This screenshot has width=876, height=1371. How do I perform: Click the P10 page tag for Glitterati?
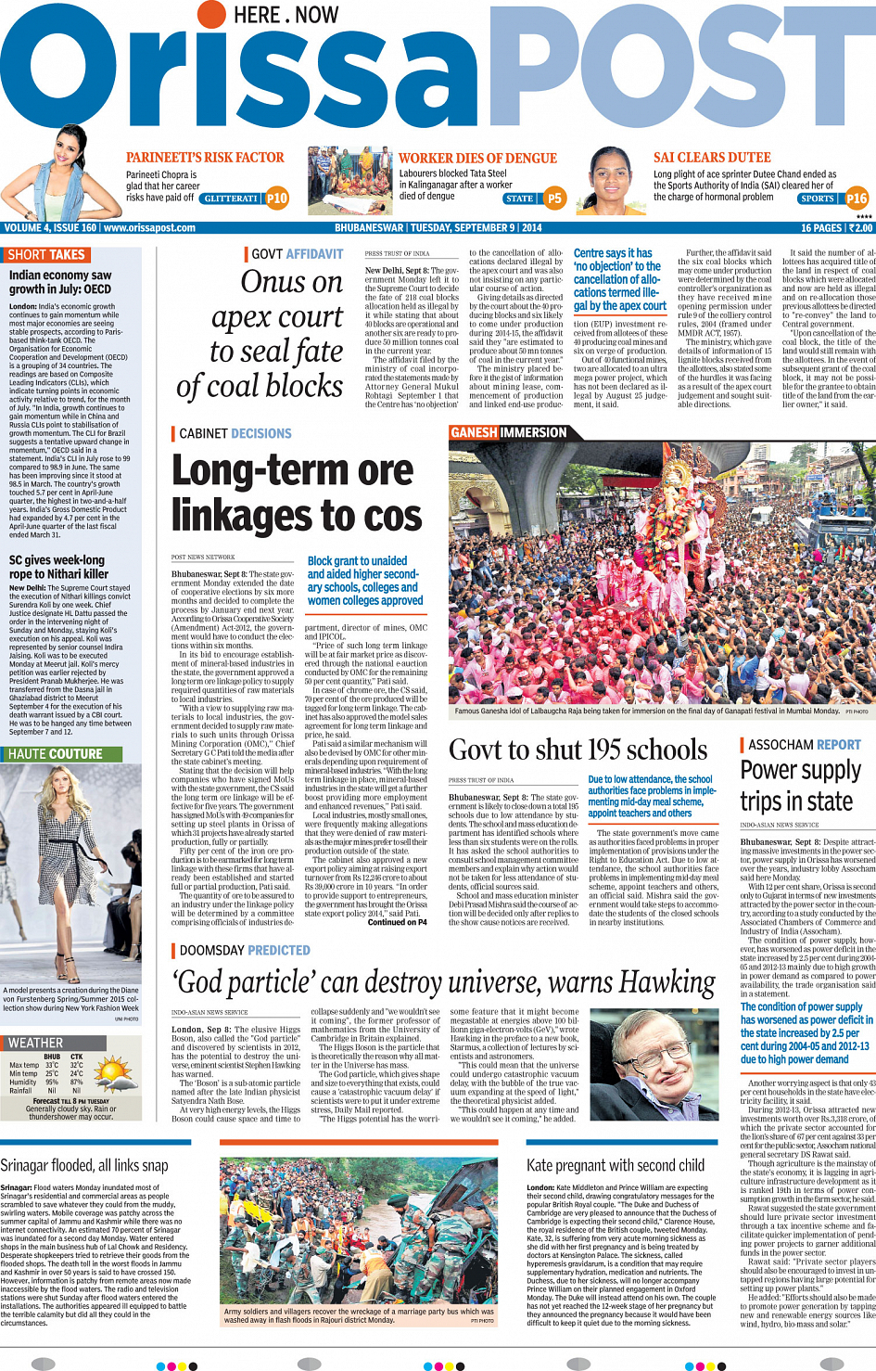[277, 198]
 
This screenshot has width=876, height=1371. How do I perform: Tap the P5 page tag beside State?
[554, 198]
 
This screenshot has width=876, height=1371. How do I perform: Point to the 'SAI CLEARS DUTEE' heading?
[712, 158]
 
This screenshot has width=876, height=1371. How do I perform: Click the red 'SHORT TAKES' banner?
[46, 255]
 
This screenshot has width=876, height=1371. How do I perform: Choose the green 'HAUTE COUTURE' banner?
[56, 754]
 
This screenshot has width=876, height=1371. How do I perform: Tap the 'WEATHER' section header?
[36, 1043]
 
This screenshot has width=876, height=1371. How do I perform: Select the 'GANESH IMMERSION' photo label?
[508, 432]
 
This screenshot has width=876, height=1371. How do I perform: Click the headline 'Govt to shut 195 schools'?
[578, 750]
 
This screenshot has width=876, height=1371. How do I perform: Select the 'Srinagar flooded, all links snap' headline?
[84, 1165]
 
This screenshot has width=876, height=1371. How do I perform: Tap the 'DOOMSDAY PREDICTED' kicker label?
[245, 950]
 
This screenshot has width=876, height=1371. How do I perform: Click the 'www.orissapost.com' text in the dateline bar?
[149, 227]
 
